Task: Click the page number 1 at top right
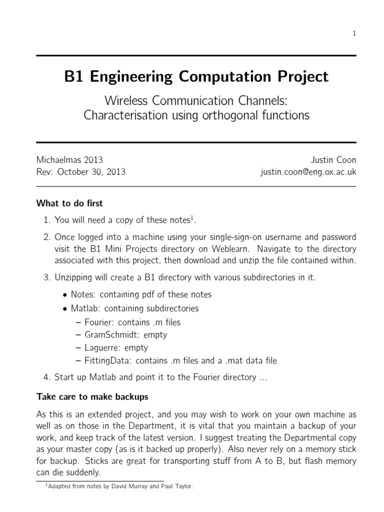tap(354, 33)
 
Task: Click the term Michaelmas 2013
tap(69, 160)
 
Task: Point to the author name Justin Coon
tap(333, 160)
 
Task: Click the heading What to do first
tap(69, 203)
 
